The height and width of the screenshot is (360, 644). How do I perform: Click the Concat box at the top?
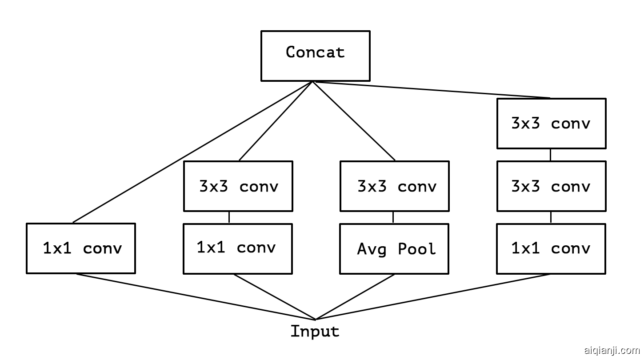click(315, 56)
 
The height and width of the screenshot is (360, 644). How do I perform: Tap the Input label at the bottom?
click(315, 332)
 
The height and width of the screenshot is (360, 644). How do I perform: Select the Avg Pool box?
click(394, 249)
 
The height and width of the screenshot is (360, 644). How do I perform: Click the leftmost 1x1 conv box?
click(81, 248)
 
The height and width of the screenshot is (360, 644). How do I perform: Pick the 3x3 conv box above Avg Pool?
click(395, 186)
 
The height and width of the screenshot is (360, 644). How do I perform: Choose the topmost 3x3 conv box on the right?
click(551, 124)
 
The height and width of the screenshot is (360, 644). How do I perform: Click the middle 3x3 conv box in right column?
click(551, 186)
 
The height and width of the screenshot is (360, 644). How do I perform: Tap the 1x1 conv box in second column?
click(237, 248)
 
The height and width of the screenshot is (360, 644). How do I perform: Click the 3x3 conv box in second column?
click(238, 186)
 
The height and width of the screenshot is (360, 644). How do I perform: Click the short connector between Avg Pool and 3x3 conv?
click(393, 217)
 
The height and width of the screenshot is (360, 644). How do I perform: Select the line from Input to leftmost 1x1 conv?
click(196, 297)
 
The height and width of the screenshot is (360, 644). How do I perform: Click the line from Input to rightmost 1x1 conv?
click(433, 297)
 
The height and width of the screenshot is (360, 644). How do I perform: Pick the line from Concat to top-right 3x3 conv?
click(431, 90)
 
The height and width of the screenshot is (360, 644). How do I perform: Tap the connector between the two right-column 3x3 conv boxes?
click(551, 155)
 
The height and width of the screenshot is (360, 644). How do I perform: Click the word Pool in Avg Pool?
click(416, 249)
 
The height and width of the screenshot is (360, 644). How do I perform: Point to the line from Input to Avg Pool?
click(355, 297)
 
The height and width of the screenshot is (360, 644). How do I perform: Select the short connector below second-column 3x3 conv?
click(229, 217)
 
